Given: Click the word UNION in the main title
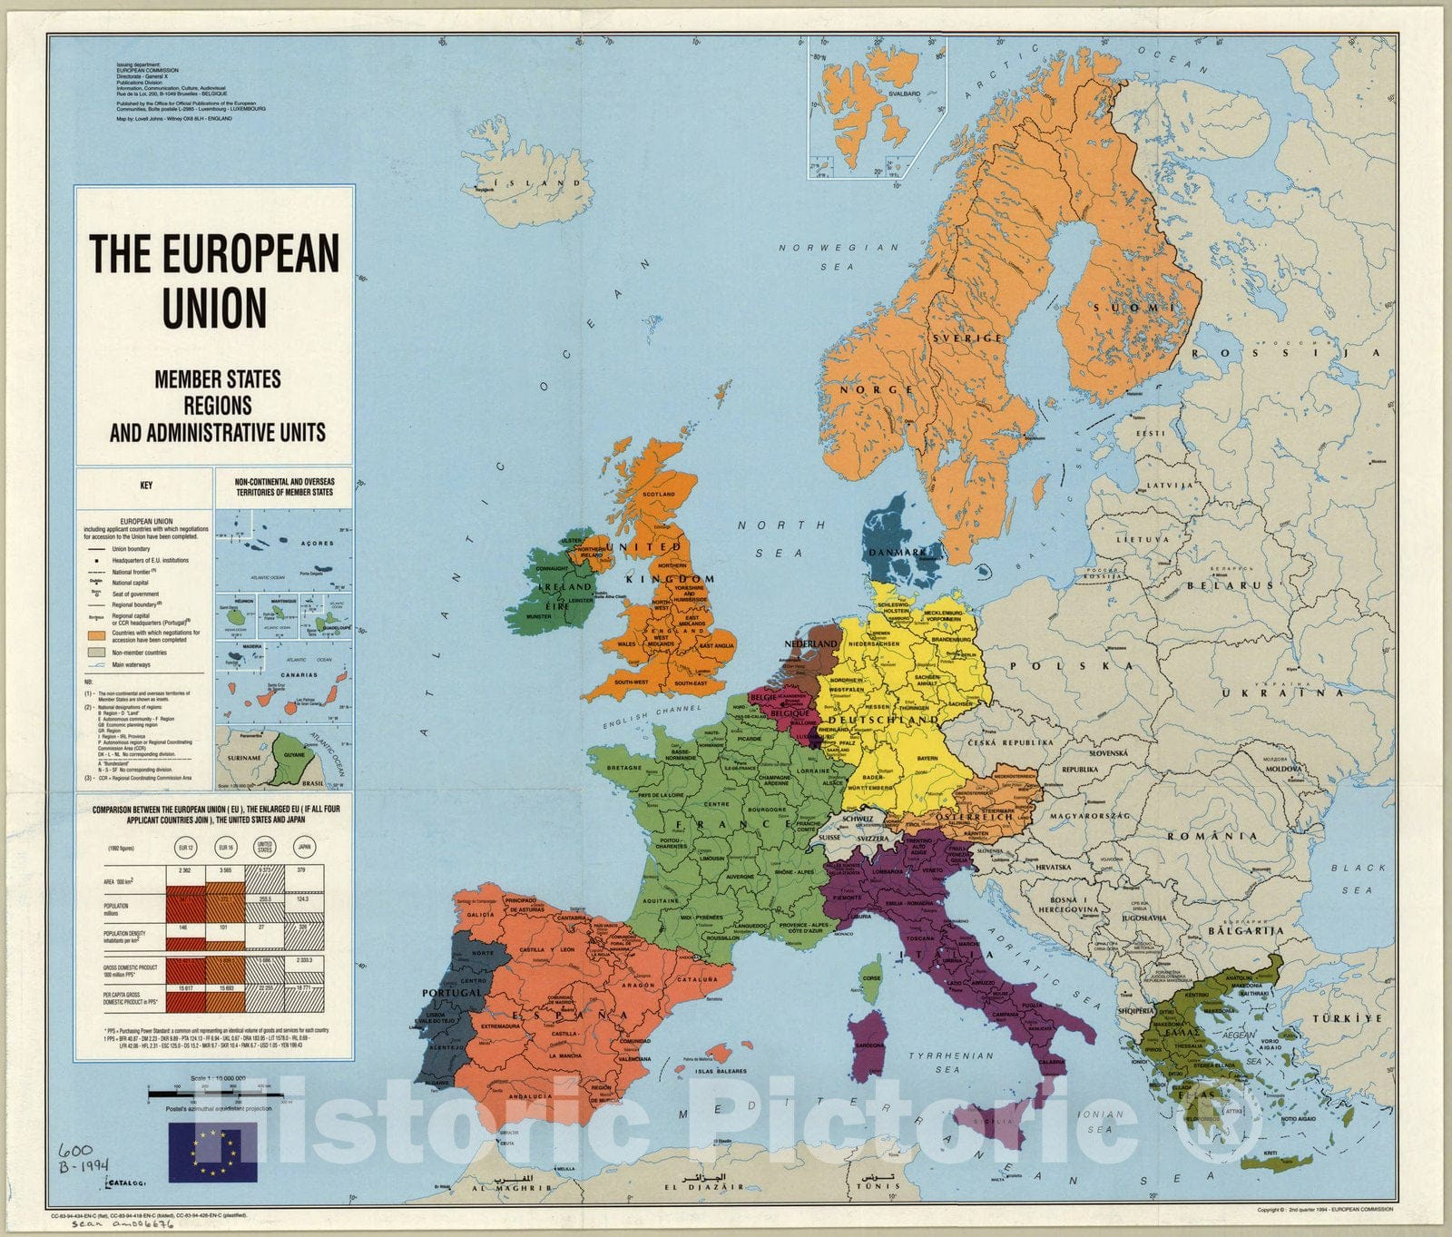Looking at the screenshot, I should pyautogui.click(x=215, y=309).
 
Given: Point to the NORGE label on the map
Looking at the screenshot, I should pyautogui.click(x=877, y=389).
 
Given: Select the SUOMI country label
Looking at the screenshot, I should pyautogui.click(x=1126, y=308).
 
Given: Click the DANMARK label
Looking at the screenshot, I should pyautogui.click(x=898, y=552).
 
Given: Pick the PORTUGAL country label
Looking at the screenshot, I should pyautogui.click(x=452, y=992).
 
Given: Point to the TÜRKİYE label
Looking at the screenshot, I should pyautogui.click(x=1351, y=1018).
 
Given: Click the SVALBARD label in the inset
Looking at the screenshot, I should pyautogui.click(x=904, y=93).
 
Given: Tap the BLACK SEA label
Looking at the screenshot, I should pyautogui.click(x=1358, y=879).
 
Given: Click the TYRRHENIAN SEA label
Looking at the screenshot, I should pyautogui.click(x=951, y=1062).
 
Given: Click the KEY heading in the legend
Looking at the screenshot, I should pyautogui.click(x=146, y=486).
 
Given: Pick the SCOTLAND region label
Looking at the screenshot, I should pyautogui.click(x=659, y=495).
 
